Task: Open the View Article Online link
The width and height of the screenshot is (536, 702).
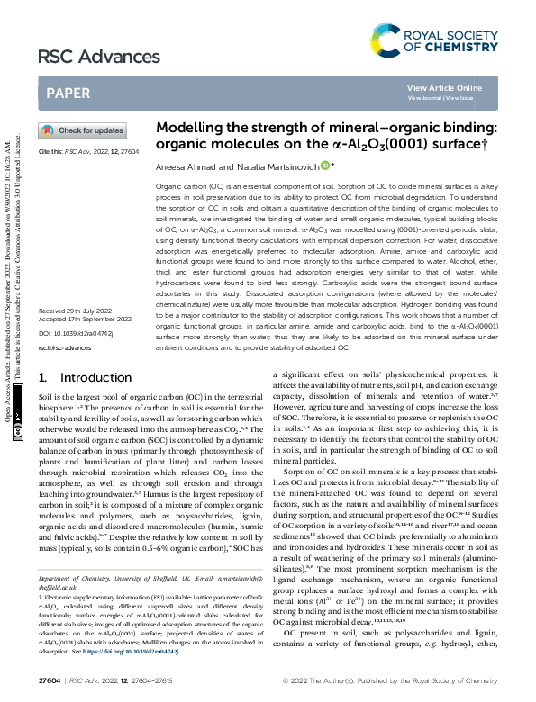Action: [x=444, y=87]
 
